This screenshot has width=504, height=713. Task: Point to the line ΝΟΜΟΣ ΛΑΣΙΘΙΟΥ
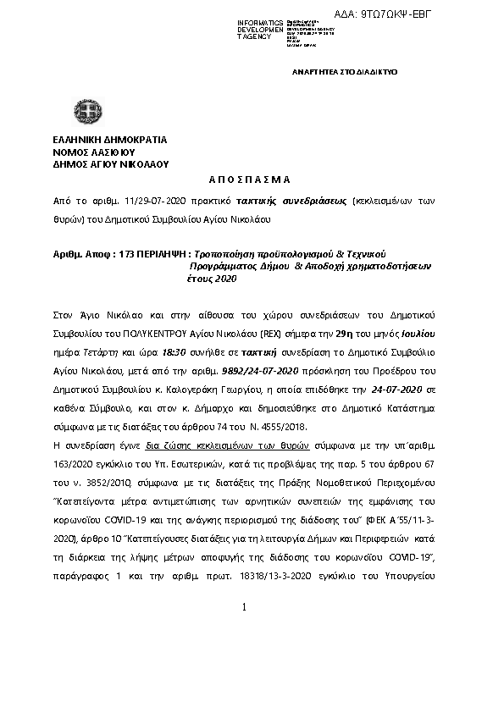coord(93,152)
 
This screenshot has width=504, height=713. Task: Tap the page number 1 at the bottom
coord(243,607)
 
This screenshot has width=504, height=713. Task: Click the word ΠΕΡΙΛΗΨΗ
coord(166,254)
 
